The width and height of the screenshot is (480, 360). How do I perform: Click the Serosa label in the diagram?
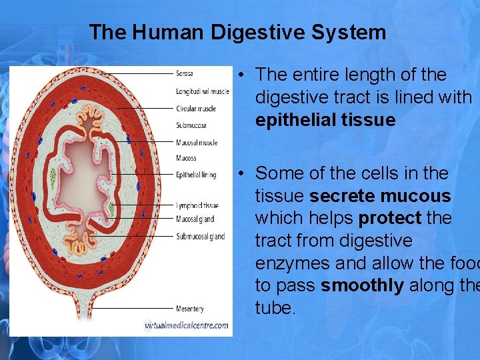point(185,73)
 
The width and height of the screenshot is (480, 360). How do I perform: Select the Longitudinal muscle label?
point(203,91)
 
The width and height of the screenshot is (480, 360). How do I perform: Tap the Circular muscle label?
point(196,108)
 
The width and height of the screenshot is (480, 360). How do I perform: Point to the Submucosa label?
point(191,125)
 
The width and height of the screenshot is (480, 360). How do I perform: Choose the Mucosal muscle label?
point(197,142)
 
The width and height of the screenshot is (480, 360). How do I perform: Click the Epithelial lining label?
point(196,175)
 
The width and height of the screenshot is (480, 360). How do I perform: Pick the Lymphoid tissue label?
point(197,205)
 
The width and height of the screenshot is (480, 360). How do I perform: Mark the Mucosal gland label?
point(195,219)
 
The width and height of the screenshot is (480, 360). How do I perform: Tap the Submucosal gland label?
point(201,236)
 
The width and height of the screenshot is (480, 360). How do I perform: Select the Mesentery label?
point(190,309)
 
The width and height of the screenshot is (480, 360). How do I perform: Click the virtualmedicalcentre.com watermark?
point(187,325)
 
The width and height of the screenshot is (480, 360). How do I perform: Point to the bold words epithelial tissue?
point(325,120)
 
